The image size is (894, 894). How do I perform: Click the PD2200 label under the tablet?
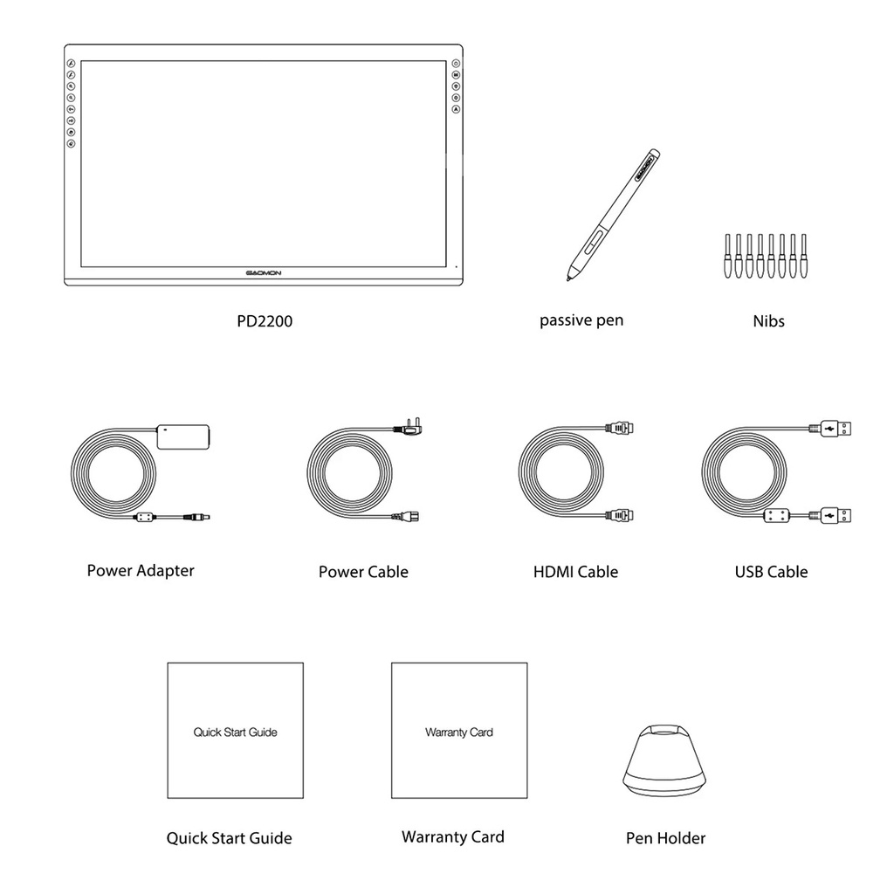click(x=265, y=321)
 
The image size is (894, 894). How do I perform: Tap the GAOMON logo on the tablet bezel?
click(x=264, y=273)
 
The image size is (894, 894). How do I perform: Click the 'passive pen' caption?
click(x=581, y=320)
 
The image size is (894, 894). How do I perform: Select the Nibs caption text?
click(x=768, y=321)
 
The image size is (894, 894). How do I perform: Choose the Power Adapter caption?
click(x=141, y=571)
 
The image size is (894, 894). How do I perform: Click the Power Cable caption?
click(x=363, y=573)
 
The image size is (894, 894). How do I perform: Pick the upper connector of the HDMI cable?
click(x=625, y=429)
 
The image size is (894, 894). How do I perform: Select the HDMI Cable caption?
click(x=575, y=573)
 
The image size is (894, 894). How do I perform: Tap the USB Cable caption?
click(x=771, y=573)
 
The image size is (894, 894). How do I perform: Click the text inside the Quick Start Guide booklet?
click(x=235, y=732)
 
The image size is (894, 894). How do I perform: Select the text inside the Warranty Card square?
click(x=459, y=732)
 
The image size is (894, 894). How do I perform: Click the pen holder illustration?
click(x=665, y=759)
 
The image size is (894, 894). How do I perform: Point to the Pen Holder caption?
click(x=665, y=838)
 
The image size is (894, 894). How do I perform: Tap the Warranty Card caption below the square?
click(x=452, y=837)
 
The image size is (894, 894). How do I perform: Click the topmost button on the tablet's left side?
click(x=72, y=64)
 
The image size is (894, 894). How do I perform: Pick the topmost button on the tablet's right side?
click(x=456, y=64)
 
